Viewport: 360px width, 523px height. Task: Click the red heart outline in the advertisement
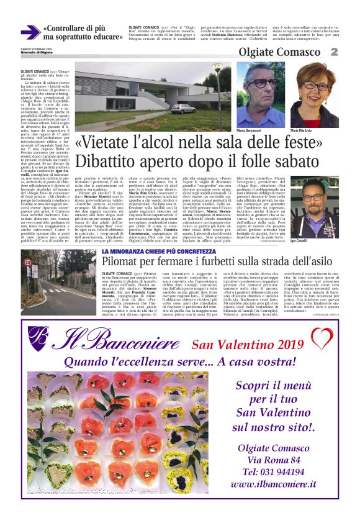point(322,338)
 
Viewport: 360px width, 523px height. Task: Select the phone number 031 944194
point(277,471)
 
